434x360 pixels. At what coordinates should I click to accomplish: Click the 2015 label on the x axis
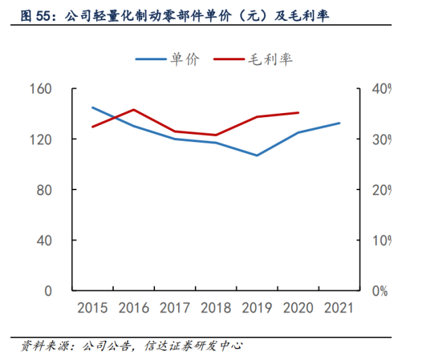pos(93,309)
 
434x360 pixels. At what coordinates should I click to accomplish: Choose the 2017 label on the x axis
pos(175,309)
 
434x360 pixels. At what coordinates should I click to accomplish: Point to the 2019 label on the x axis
pos(257,309)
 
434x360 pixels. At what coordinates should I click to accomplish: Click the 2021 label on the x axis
pos(339,309)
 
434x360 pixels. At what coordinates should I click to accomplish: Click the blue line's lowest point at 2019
pos(257,156)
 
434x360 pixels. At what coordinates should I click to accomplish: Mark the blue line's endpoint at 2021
pos(339,123)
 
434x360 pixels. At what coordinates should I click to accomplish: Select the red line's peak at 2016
pos(134,110)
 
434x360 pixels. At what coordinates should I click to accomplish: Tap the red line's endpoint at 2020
pos(299,113)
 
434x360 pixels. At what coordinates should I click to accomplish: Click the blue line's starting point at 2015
pos(93,108)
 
